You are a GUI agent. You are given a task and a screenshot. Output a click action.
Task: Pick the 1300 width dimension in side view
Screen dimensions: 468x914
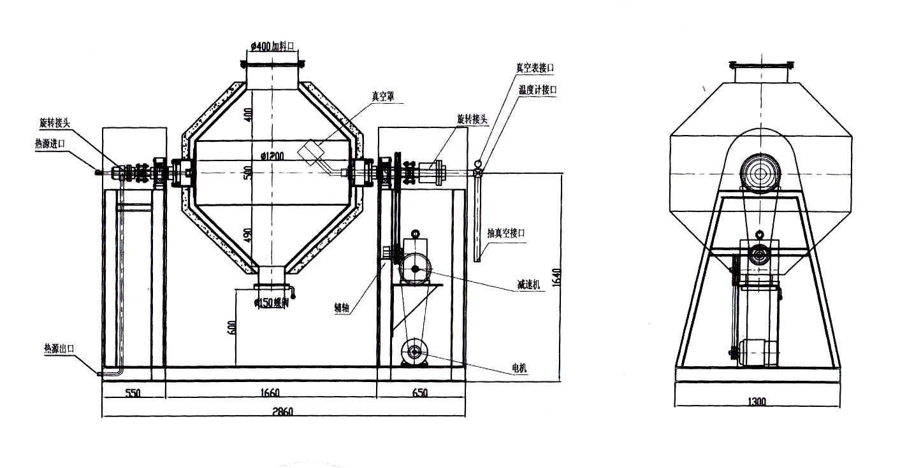[x=757, y=401]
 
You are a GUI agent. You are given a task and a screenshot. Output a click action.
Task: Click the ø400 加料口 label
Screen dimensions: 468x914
[x=272, y=46]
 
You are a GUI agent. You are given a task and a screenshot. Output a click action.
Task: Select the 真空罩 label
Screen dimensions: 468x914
[x=383, y=96]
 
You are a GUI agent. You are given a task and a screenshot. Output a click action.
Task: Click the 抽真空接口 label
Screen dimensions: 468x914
[x=507, y=234]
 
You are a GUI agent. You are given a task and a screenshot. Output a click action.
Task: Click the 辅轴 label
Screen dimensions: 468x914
[x=342, y=308]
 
